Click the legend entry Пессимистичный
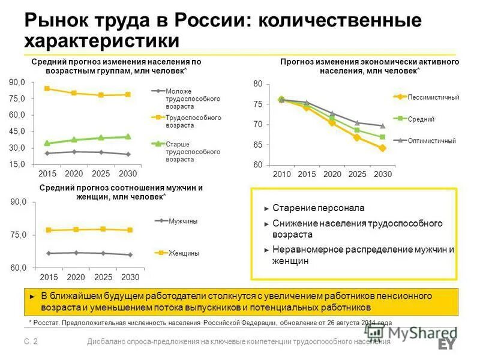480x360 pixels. pos(433,97)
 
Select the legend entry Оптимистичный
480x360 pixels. pos(431,140)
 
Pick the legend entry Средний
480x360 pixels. pos(421,119)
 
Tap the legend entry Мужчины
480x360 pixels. pos(183,221)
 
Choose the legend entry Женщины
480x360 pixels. pos(184,253)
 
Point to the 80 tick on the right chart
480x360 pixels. pos(258,84)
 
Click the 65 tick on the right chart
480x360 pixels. pos(258,145)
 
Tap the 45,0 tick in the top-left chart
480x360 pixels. pos(17,131)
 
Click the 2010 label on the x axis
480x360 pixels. pos(281,174)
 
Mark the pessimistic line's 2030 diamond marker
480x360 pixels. pos(382,148)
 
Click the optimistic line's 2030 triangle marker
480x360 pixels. pos(382,125)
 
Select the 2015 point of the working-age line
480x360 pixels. pos(47,89)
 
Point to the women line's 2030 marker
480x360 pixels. pos(130,230)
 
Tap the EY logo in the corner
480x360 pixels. pos(447,344)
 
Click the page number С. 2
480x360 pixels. pos(31,341)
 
